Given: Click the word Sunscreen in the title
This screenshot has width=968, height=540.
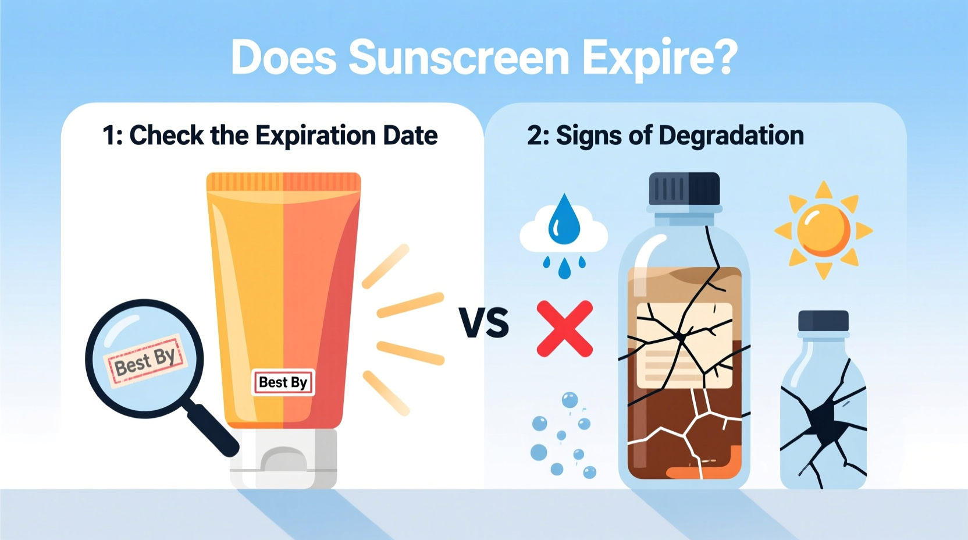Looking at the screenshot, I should (x=458, y=58).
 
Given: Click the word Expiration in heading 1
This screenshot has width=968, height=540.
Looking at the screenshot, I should (x=315, y=136).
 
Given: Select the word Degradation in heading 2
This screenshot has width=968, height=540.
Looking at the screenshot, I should (x=731, y=136).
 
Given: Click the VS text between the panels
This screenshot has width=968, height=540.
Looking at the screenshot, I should (x=483, y=323).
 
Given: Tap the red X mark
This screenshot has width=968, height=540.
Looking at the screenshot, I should (x=564, y=329).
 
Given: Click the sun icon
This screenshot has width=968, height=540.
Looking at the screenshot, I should (x=823, y=230).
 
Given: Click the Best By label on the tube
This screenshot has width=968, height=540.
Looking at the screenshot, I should (x=283, y=382).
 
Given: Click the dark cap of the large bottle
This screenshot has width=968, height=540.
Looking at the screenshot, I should (x=684, y=189).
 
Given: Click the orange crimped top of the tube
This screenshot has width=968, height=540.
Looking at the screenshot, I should (x=283, y=182).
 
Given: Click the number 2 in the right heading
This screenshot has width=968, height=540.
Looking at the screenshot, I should (x=533, y=136).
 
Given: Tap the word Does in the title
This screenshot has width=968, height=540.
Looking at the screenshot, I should (x=283, y=58).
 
